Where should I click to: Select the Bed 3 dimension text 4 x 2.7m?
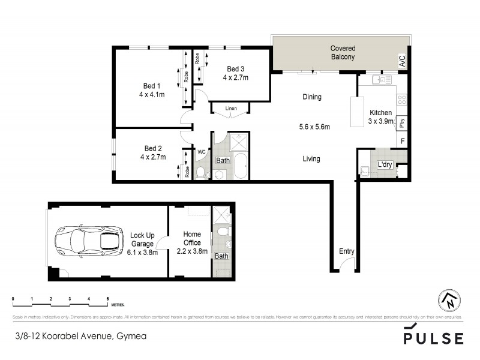tap(236, 77)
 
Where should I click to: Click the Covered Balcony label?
tap(343, 53)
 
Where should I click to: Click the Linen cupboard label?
tap(231, 109)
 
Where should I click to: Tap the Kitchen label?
tap(380, 113)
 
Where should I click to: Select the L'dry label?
tap(385, 164)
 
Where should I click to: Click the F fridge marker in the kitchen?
tap(402, 142)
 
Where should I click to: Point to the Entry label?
tap(347, 251)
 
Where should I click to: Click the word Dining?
tap(311, 97)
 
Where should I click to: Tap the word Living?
tap(311, 159)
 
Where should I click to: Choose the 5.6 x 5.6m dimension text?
tap(314, 127)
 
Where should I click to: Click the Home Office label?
tap(192, 239)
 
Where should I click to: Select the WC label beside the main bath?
tap(202, 152)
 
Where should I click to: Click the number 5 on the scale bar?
tap(107, 298)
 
